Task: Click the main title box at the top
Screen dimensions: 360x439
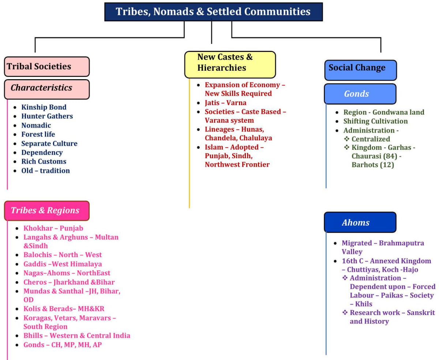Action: coord(213,12)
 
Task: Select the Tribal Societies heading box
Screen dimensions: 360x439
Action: coord(46,67)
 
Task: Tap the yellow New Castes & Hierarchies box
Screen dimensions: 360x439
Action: coord(230,64)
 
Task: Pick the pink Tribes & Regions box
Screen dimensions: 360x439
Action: coord(46,211)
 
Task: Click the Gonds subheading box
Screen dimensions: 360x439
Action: coord(360,94)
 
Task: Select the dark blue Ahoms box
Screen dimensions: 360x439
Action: coord(360,222)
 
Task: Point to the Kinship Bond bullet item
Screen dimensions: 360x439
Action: coord(44,107)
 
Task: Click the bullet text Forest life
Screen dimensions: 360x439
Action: coord(38,134)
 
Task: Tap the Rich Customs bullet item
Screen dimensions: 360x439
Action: coord(44,162)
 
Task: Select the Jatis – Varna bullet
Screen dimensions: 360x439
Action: coord(225,103)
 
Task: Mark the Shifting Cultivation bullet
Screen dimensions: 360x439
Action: coord(375,121)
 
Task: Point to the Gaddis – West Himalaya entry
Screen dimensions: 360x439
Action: coord(63,264)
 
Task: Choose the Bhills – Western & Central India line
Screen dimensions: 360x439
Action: coord(77,335)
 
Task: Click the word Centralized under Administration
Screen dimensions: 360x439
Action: coord(371,139)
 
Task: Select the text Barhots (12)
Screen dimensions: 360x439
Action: coord(372,165)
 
